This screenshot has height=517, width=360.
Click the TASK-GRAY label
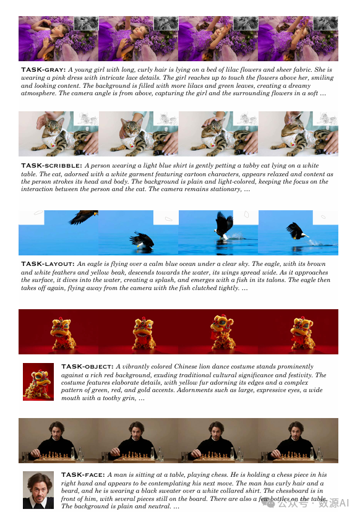pos(43,69)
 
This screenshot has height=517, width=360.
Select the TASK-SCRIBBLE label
pos(51,166)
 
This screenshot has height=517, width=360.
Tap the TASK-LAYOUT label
pos(48,264)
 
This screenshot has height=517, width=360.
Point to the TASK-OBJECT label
pos(87,366)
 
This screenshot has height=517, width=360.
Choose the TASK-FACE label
pos(83,475)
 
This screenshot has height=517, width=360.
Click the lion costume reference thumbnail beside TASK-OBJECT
pos(38,382)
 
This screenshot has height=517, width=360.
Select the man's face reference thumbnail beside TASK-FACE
pos(38,490)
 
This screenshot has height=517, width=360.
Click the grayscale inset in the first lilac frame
pos(86,23)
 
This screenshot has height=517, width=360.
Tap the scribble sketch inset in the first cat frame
pos(86,118)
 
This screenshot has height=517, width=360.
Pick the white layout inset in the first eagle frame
pos(32,218)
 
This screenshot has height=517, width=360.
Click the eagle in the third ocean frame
pos(224,226)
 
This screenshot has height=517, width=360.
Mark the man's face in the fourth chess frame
pos(296,430)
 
